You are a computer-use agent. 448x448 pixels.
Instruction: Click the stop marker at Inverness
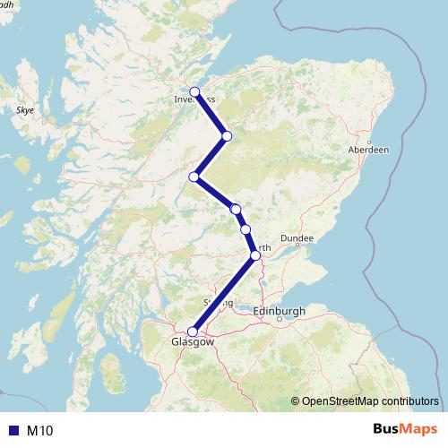[x=194, y=92]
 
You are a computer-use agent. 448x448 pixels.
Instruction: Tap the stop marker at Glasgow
[x=193, y=332]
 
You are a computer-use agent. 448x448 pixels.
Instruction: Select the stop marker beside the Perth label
[x=256, y=255]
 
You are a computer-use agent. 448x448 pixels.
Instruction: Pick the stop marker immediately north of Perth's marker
[x=246, y=229]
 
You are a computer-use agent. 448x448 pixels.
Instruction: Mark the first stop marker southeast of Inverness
[x=227, y=135]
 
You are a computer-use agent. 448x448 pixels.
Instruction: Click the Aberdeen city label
[x=368, y=151]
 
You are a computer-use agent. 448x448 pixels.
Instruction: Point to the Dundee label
[x=297, y=238]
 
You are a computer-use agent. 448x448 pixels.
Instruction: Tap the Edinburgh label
[x=280, y=310]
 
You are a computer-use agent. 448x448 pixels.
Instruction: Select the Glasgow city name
[x=194, y=342]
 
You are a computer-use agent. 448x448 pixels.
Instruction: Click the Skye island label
[x=24, y=110]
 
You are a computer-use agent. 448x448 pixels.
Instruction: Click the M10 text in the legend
[x=39, y=431]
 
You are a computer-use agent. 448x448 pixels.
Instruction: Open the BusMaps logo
[x=400, y=430]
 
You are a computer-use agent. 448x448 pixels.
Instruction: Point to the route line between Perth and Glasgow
[x=224, y=294]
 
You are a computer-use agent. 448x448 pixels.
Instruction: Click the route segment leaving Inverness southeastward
[x=211, y=114]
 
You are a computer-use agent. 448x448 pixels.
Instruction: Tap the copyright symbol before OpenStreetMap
[x=297, y=402]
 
